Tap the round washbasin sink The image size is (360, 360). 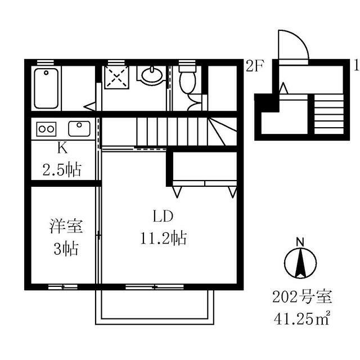tap(151, 74)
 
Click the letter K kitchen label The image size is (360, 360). tap(64, 148)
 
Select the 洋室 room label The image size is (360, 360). tap(66, 227)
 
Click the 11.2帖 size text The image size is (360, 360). tap(164, 238)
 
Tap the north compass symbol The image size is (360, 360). tap(300, 262)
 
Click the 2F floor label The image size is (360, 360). tap(254, 66)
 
